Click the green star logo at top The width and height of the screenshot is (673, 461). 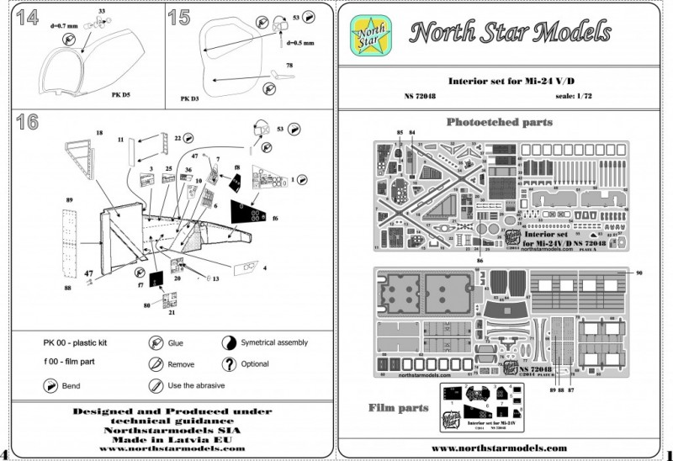click(368, 35)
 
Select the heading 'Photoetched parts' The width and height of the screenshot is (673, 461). click(499, 122)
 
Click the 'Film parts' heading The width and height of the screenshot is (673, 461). click(399, 408)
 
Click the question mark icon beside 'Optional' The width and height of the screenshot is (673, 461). click(228, 363)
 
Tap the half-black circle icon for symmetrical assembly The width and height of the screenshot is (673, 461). click(228, 343)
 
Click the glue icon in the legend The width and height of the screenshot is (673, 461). click(155, 343)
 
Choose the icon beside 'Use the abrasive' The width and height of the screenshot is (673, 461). click(155, 385)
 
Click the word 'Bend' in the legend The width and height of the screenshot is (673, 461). click(75, 385)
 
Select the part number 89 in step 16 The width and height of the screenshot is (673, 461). click(70, 200)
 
